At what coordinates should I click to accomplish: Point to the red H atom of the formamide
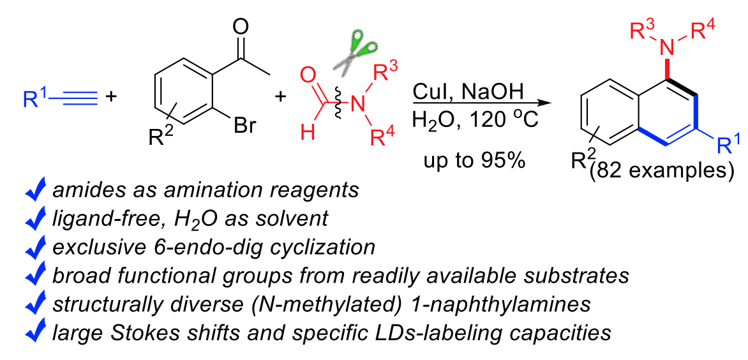tap(307, 134)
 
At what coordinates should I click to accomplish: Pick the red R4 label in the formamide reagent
tap(386, 136)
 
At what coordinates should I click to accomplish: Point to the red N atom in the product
tap(667, 45)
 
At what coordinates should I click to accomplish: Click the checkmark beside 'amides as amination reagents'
tap(36, 190)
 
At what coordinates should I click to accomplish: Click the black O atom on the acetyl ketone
tap(241, 27)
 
